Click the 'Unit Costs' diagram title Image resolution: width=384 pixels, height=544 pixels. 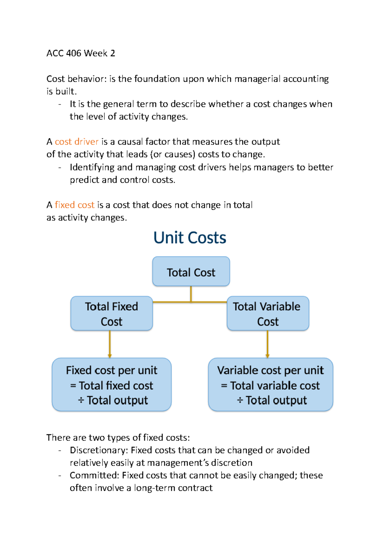click(190, 238)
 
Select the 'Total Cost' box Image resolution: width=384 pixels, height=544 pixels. click(191, 272)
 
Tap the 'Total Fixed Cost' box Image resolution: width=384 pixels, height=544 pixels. click(111, 314)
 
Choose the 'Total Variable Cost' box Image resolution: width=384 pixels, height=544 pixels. click(268, 314)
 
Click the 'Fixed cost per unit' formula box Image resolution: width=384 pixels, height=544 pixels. click(111, 385)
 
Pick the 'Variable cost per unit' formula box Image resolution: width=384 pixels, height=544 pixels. click(270, 385)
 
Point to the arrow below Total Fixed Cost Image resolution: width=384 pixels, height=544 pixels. click(110, 344)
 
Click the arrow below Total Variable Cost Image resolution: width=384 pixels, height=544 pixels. click(268, 344)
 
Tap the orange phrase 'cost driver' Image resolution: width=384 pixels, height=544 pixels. click(76, 142)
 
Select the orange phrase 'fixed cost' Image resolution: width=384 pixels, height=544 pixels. click(75, 205)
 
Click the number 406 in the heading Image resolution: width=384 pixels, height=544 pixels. click(74, 53)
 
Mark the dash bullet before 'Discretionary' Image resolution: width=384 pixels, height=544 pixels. click(60, 450)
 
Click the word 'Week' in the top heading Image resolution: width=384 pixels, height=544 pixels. click(96, 53)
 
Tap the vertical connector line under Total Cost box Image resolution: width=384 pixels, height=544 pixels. click(191, 293)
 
